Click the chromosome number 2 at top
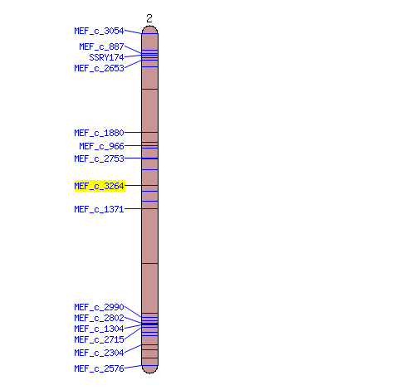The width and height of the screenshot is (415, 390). click(149, 18)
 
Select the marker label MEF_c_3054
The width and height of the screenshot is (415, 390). click(99, 31)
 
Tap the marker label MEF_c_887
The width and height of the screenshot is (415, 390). click(101, 46)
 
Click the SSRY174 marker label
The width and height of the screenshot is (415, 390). click(106, 57)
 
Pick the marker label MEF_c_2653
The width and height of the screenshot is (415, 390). click(99, 68)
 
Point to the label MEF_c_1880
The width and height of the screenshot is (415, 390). click(99, 133)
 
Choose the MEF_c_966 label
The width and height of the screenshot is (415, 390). click(101, 146)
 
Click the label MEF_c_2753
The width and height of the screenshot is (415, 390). click(99, 158)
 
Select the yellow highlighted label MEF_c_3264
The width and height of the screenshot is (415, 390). click(100, 186)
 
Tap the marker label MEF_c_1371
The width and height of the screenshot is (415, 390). click(99, 209)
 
